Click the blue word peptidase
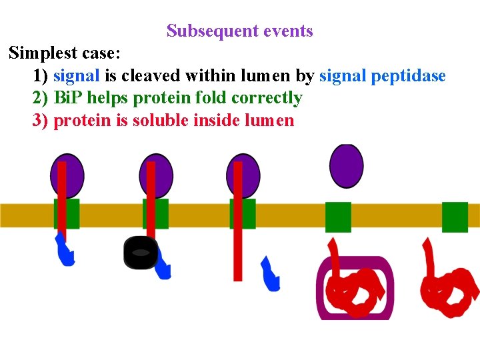(408, 75)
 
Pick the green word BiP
(67, 98)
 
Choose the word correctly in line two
(267, 98)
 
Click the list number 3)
(40, 121)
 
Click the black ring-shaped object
(141, 253)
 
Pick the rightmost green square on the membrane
(455, 217)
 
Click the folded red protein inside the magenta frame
(353, 288)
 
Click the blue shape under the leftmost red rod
(65, 250)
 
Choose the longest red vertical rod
(238, 220)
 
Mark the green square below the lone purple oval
(338, 217)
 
